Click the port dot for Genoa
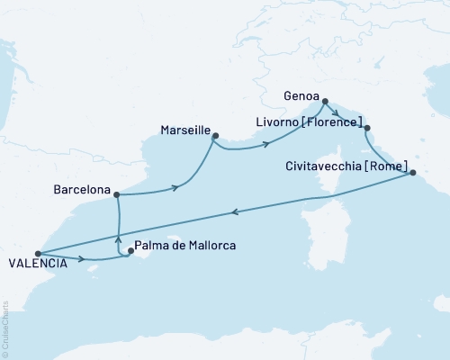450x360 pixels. point(325,102)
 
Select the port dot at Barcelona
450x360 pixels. point(116,193)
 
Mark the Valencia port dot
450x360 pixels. point(37,254)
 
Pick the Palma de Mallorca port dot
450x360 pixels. point(130,252)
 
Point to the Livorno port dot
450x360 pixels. point(366,128)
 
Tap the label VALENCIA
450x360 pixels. point(35,264)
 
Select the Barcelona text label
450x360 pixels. point(81,192)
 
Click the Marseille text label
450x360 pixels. point(184,128)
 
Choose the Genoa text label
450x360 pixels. point(301,92)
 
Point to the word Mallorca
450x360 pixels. point(208,254)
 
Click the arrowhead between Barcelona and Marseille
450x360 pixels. point(174,189)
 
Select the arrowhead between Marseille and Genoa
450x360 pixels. point(266,144)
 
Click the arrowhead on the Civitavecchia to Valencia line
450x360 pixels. point(234,212)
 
